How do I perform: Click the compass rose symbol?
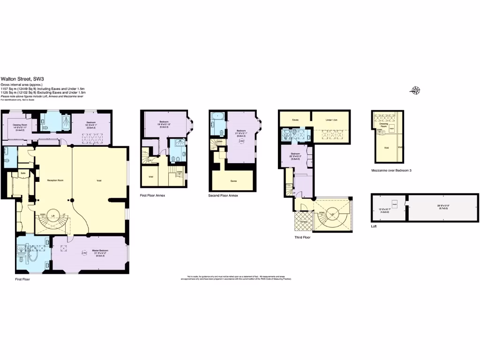415,90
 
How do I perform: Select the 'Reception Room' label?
54,180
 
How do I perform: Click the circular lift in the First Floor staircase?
53,216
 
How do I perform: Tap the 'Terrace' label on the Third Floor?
303,221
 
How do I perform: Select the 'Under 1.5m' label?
332,120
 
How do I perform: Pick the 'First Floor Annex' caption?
152,195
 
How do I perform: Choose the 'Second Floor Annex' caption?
223,195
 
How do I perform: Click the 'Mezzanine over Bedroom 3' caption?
391,170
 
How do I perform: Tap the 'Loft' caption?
374,226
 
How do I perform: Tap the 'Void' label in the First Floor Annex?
150,177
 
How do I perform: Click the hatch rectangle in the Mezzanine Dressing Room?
391,127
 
